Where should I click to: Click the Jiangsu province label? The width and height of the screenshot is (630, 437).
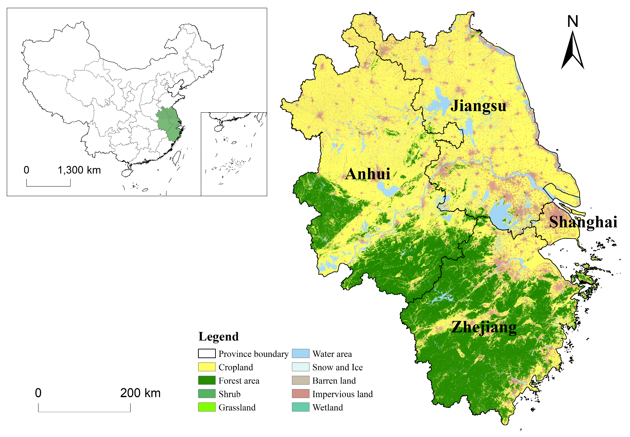click(x=478, y=106)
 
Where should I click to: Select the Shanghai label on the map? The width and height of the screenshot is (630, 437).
click(x=583, y=222)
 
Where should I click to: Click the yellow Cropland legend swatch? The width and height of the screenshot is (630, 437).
click(x=207, y=367)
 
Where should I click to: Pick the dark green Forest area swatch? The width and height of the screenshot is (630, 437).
click(x=207, y=380)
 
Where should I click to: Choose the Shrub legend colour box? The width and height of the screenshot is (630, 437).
click(x=207, y=394)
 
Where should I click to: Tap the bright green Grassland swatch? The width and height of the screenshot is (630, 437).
click(x=207, y=407)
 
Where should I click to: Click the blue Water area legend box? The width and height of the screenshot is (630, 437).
click(x=300, y=354)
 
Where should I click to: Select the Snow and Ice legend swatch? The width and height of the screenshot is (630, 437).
click(x=300, y=367)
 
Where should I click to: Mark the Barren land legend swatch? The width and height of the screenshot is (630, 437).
click(x=300, y=380)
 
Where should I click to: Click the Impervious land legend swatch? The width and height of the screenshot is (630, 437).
click(x=300, y=394)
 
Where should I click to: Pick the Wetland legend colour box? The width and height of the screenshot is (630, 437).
click(x=300, y=407)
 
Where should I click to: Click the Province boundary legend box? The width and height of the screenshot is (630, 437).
click(x=207, y=354)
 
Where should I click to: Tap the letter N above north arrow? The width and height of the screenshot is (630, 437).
click(x=572, y=21)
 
